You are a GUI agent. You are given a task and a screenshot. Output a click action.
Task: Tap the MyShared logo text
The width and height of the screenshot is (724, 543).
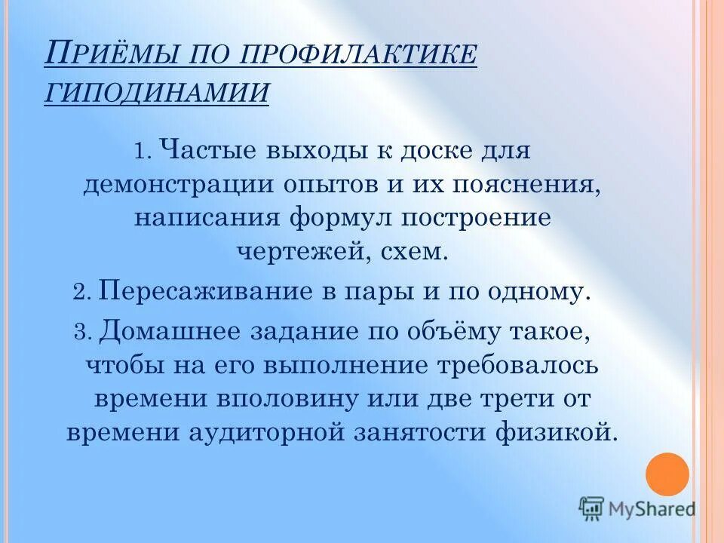(x=653, y=509)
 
